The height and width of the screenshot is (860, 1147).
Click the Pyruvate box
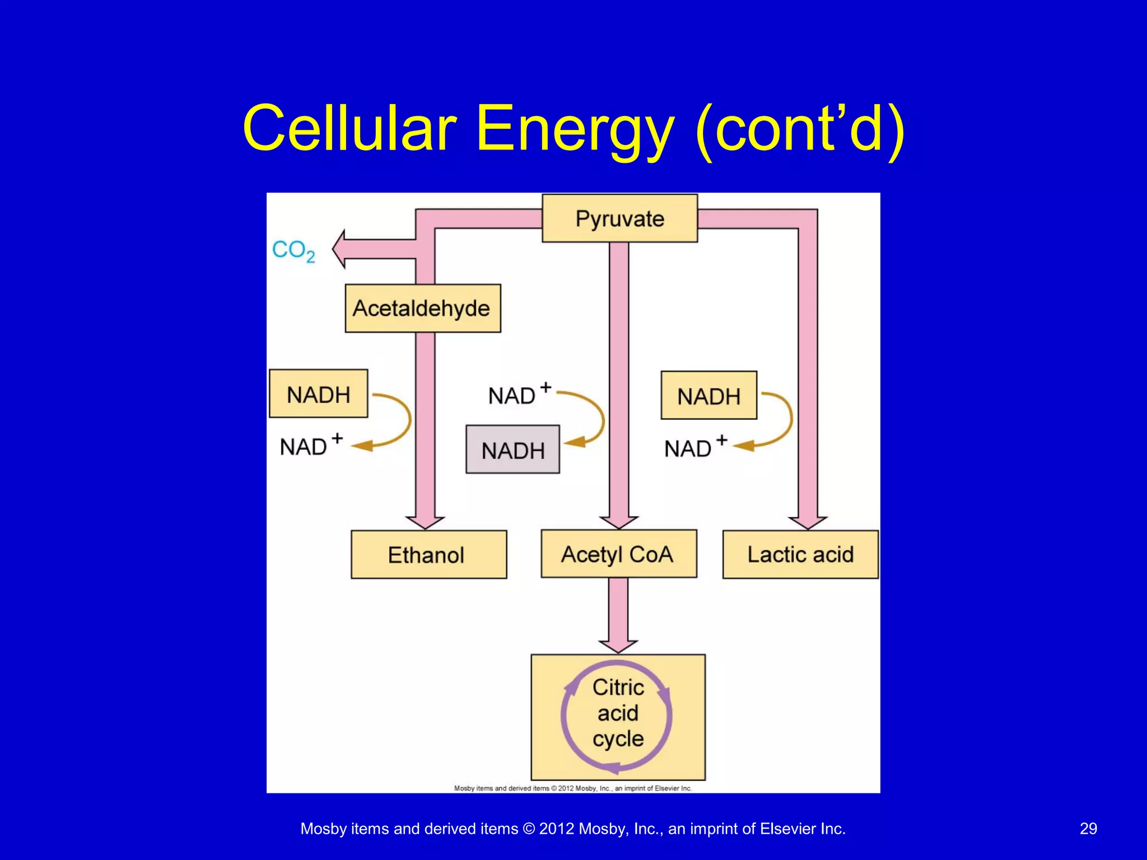pos(619,218)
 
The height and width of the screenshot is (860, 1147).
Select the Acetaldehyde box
pos(422,309)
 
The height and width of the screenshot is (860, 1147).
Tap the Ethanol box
pos(428,555)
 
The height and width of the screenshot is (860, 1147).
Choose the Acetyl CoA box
pos(618,554)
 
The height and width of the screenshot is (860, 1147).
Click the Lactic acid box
pos(800,554)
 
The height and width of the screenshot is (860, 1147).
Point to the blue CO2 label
pos(293,250)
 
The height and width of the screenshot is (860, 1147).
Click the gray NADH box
pos(512,450)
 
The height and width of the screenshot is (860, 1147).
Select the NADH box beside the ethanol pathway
pos(318,394)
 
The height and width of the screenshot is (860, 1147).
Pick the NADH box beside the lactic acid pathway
pos(708,396)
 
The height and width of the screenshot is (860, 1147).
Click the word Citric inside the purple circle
pos(618,687)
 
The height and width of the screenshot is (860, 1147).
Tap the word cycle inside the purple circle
pos(618,739)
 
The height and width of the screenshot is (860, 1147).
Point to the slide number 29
pos(1088,829)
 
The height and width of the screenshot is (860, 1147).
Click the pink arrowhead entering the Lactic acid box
pos(808,522)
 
